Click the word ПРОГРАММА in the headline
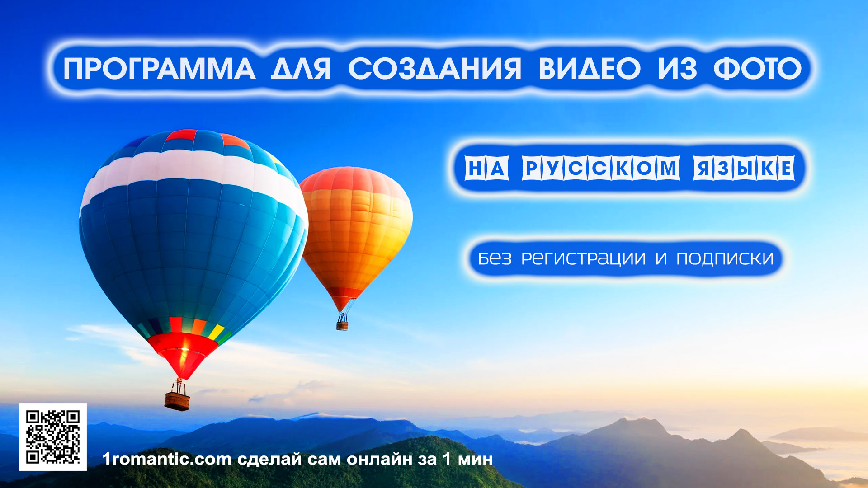click(159, 69)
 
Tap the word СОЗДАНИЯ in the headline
click(435, 69)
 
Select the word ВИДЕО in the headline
click(590, 69)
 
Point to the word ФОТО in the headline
click(757, 69)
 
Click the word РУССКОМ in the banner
click(601, 168)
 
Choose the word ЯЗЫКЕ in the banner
click(744, 168)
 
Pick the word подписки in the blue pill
click(725, 258)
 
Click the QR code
click(53, 437)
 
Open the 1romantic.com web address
click(167, 459)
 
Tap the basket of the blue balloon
click(177, 400)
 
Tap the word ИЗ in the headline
click(677, 69)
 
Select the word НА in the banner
click(486, 168)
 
